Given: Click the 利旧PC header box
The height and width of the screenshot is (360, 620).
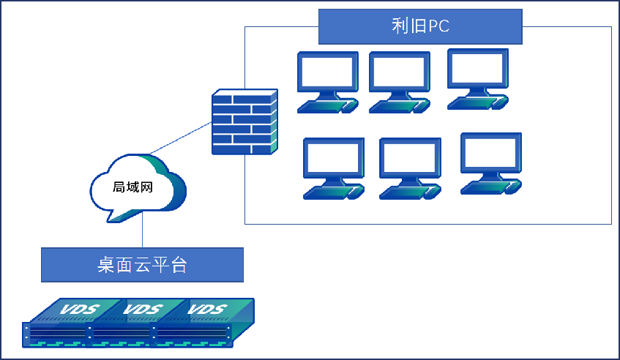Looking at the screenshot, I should coord(420,26).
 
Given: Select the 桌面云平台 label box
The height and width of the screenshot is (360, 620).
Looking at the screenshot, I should coord(142,265).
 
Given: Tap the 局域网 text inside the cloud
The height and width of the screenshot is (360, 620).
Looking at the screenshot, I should coord(132,187).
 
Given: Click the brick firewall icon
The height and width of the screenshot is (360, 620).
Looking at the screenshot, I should coord(244,122).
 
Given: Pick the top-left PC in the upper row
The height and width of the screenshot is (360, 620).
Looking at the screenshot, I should coord(327,81).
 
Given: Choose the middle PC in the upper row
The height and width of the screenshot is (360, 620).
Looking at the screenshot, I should coord(399,81).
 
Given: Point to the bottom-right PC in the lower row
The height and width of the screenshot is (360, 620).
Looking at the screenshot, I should coord(490,162).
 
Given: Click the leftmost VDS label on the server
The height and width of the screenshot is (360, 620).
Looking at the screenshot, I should coord(77,309).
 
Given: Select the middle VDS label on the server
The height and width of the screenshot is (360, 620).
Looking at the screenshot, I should coord(141,309).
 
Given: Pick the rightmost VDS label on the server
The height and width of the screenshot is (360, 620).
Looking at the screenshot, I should coord(206,309).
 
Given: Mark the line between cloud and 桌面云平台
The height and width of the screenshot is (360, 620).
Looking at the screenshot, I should coord(141,234).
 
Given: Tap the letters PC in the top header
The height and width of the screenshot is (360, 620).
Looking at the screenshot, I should coord(438,26).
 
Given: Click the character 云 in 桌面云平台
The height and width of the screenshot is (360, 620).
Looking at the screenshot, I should coord(142,265).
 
